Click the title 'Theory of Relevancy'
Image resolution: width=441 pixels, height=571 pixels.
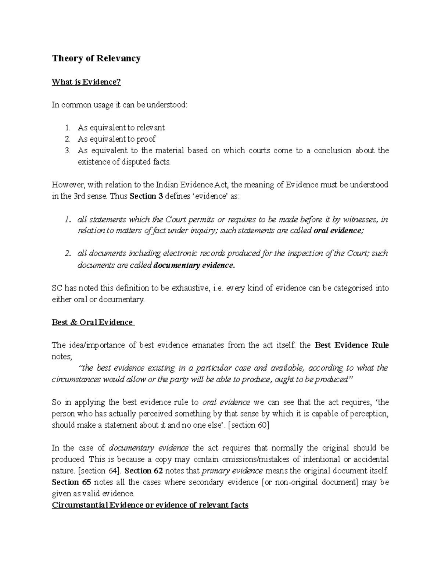pyautogui.click(x=96, y=58)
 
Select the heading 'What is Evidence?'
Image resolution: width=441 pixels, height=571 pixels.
pyautogui.click(x=86, y=82)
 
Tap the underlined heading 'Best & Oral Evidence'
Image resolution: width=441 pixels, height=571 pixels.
pyautogui.click(x=92, y=322)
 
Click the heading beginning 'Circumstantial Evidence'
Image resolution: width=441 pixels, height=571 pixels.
pyautogui.click(x=150, y=505)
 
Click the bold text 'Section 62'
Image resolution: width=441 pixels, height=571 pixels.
pyautogui.click(x=138, y=471)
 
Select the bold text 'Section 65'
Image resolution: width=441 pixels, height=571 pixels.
pyautogui.click(x=66, y=482)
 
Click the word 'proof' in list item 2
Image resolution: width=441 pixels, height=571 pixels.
pyautogui.click(x=147, y=139)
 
